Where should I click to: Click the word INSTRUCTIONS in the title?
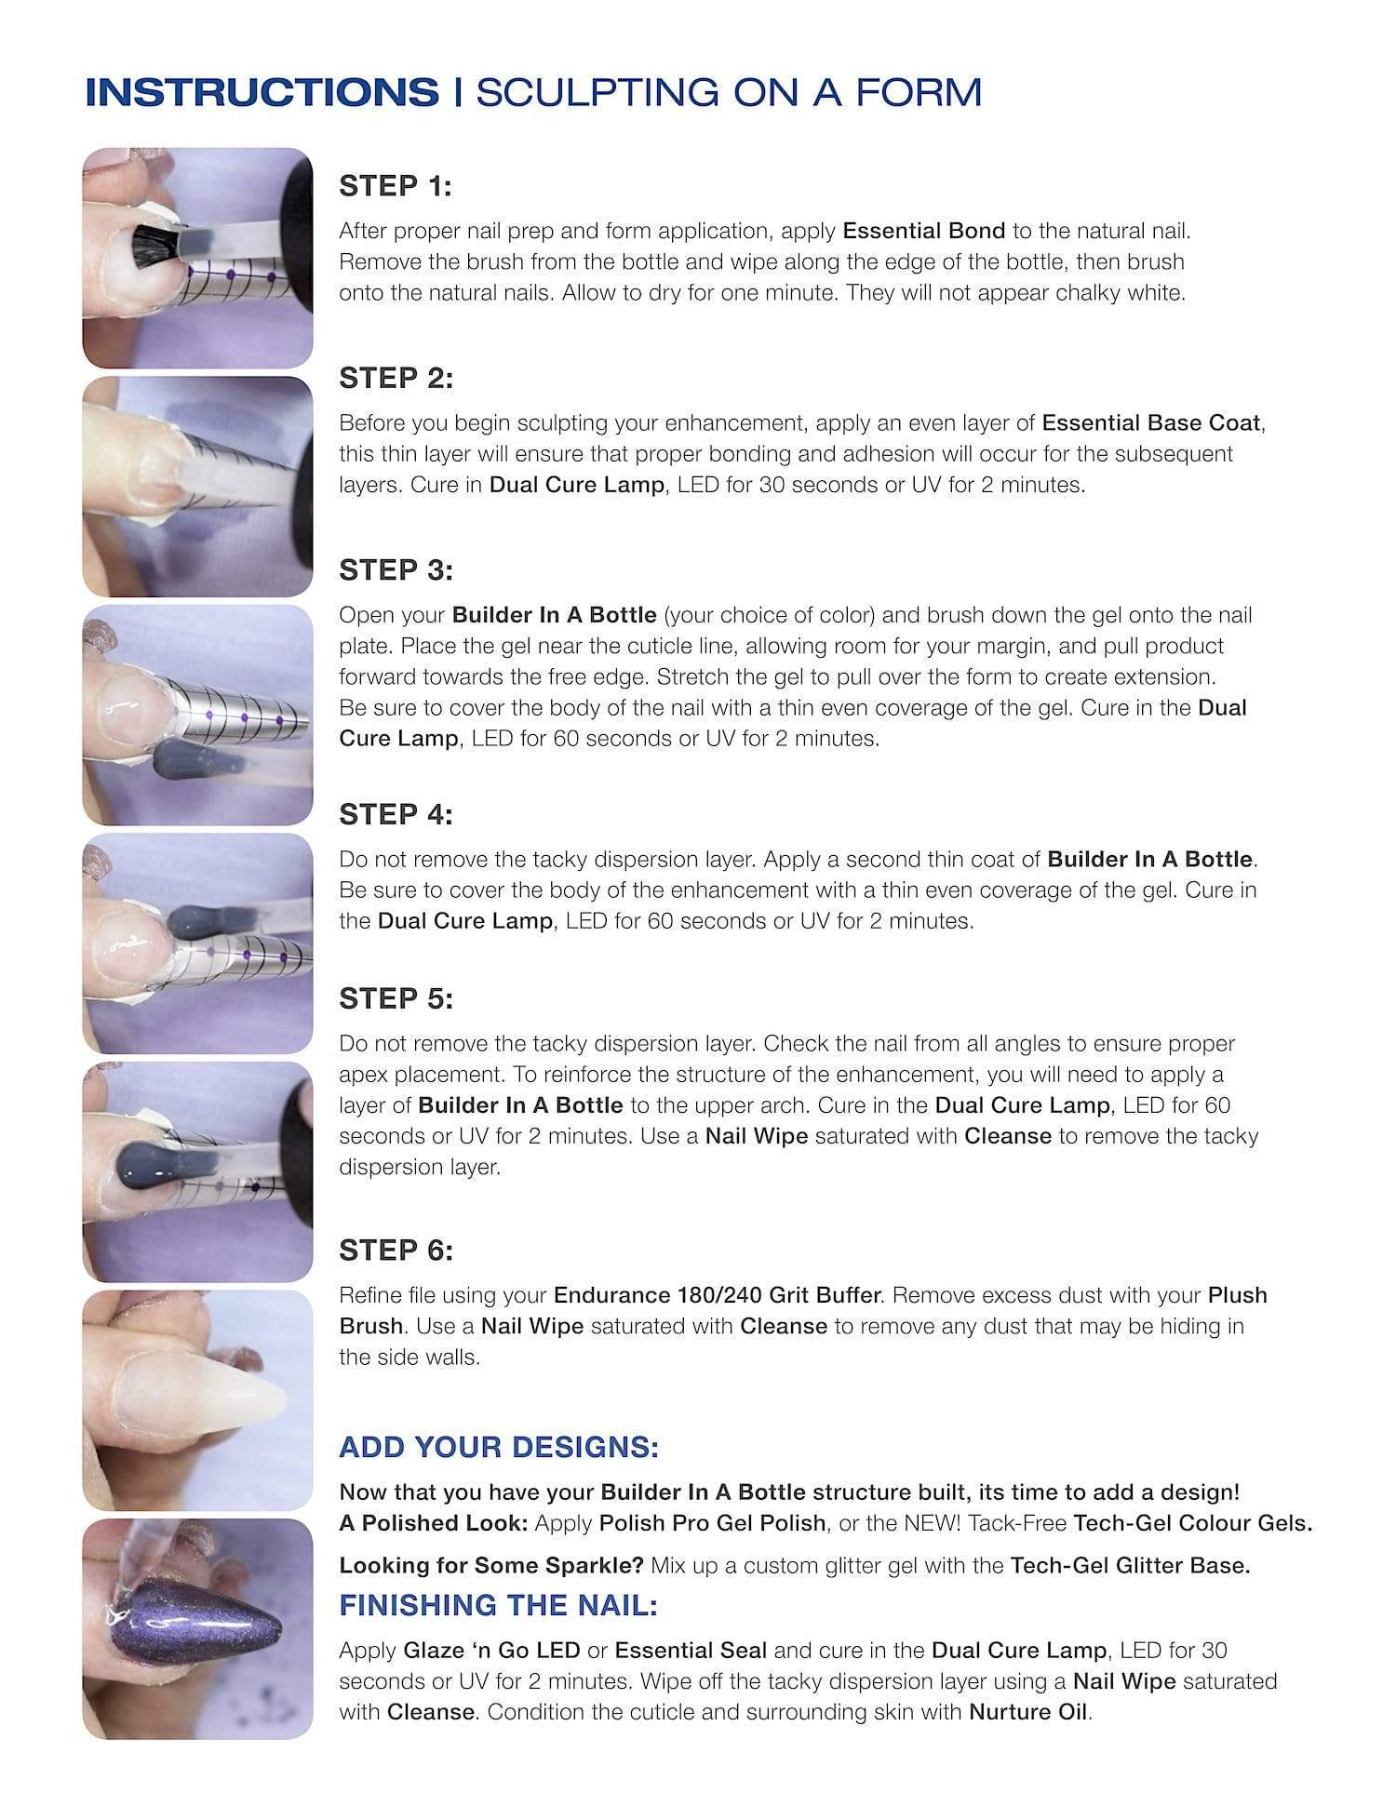[x=262, y=93]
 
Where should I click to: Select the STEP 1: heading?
[x=396, y=186]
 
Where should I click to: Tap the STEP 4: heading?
[x=396, y=814]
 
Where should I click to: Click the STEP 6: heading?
[x=396, y=1250]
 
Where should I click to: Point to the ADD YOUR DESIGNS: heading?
[x=499, y=1447]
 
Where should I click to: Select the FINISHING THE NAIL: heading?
[x=498, y=1605]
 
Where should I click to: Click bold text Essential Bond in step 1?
[x=923, y=231]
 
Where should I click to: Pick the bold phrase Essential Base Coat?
[x=1151, y=423]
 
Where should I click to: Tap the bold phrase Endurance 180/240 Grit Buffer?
[x=717, y=1295]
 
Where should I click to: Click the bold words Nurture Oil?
[x=1028, y=1712]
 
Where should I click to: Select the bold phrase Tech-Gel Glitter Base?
[x=1129, y=1565]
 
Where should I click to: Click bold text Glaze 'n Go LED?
[x=491, y=1651]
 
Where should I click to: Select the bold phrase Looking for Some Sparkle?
[x=491, y=1565]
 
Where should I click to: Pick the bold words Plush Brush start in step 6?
[x=1237, y=1295]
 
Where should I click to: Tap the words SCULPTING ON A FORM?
[x=729, y=93]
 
